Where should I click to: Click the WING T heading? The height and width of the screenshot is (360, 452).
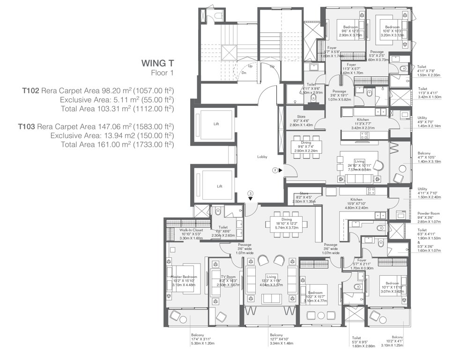coord(157,63)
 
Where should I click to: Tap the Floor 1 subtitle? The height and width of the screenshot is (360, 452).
coord(162,73)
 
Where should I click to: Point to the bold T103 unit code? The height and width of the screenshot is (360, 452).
coord(27,127)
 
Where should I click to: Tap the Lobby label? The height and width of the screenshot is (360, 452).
coord(262,157)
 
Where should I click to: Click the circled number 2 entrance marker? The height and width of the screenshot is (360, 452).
coord(275,170)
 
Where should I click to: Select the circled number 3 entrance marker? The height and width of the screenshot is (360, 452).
coord(251,193)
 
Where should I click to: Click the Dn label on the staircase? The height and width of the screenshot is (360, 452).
coord(244,72)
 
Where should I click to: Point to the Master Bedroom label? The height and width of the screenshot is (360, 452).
coord(184,277)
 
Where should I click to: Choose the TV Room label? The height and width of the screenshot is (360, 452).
coord(229,277)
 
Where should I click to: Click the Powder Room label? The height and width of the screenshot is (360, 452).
coord(428,213)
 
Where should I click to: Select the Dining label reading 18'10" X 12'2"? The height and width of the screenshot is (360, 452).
coord(286,219)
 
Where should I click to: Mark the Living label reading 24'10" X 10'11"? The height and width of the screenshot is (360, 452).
coord(360,161)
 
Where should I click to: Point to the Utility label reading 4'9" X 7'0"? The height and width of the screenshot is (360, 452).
coord(422,118)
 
